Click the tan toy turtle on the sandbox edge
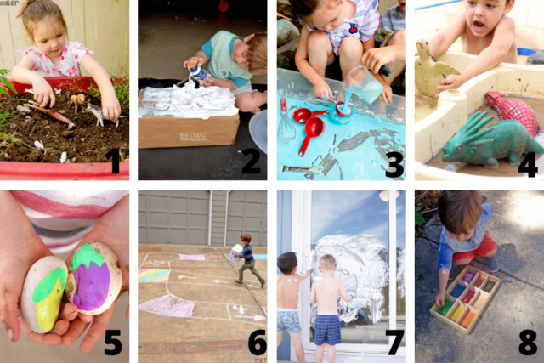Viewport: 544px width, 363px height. (435, 68)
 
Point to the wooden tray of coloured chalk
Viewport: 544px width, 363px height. (467, 302)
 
